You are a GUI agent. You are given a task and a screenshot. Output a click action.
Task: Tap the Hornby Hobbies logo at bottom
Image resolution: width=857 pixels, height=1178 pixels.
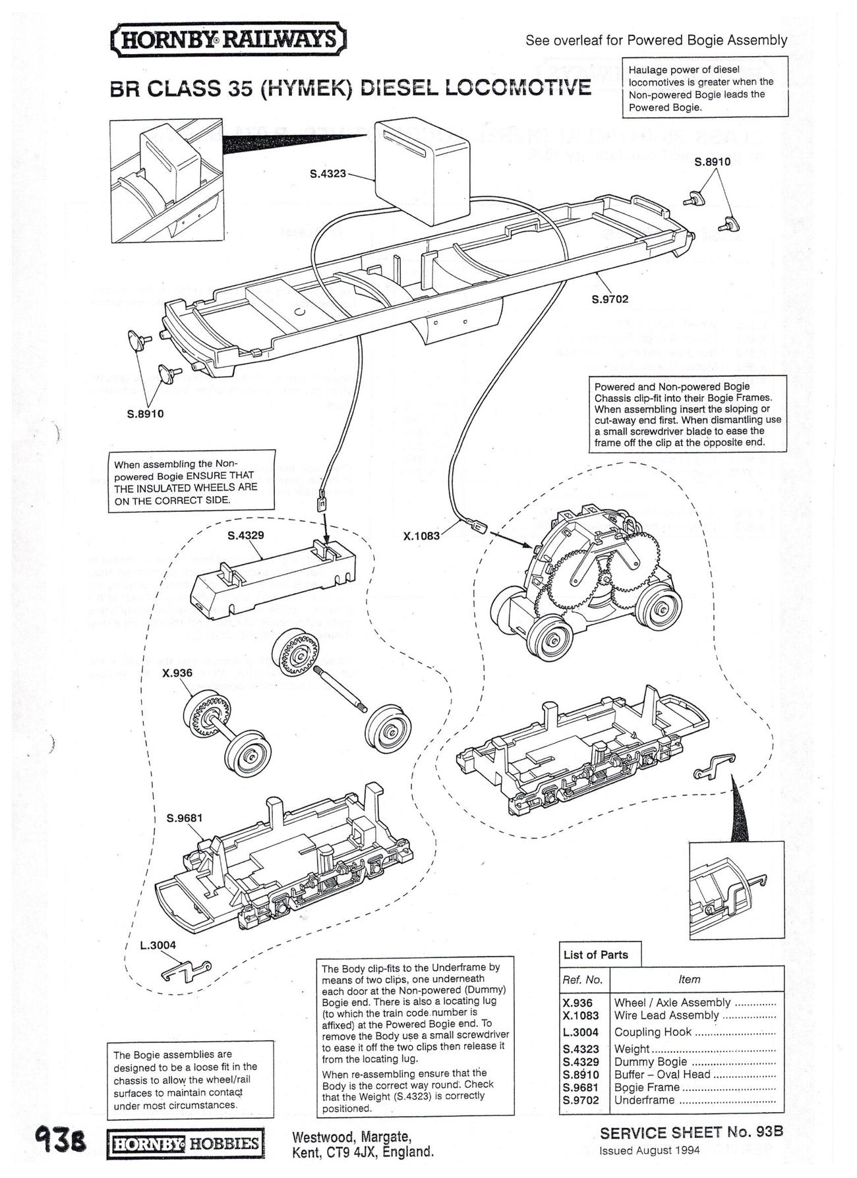click(x=185, y=1142)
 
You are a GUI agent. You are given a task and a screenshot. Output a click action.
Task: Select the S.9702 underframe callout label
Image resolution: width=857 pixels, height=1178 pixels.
click(x=610, y=299)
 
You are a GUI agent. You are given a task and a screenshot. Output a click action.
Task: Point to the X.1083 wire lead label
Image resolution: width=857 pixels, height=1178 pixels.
click(x=421, y=536)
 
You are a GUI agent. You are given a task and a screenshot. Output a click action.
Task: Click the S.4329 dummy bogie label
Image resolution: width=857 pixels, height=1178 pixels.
click(x=245, y=535)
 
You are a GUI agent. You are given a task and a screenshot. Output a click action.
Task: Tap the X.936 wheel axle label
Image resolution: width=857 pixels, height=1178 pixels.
click(x=177, y=673)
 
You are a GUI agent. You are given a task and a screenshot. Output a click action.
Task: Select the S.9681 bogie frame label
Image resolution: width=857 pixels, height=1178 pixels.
click(x=185, y=818)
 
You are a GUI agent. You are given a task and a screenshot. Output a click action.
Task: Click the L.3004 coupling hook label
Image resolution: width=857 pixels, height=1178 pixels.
click(x=158, y=945)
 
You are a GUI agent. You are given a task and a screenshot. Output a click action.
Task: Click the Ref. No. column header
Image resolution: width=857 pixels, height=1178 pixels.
click(x=583, y=979)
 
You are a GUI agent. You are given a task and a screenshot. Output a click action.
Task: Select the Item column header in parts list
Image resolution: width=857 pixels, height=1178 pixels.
click(x=689, y=979)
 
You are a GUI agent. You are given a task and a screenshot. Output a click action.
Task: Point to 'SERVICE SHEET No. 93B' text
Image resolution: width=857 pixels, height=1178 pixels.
click(x=691, y=1133)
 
